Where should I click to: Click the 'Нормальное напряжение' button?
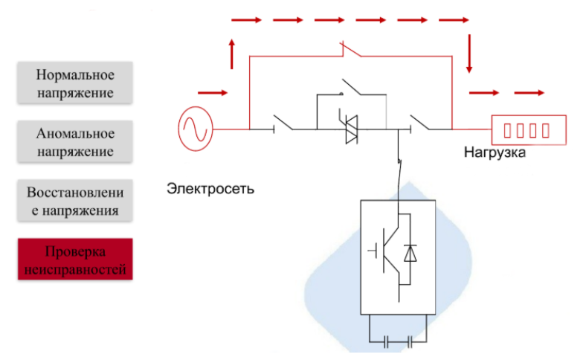click(75, 83)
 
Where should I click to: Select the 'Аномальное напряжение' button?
click(75, 142)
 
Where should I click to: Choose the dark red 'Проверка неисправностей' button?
click(75, 260)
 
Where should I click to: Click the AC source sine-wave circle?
click(196, 129)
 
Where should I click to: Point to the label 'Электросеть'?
click(210, 188)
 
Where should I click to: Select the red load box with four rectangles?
click(526, 129)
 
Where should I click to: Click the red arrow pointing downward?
click(469, 56)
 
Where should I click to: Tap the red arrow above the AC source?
click(213, 93)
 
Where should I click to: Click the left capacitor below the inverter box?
click(386, 341)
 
